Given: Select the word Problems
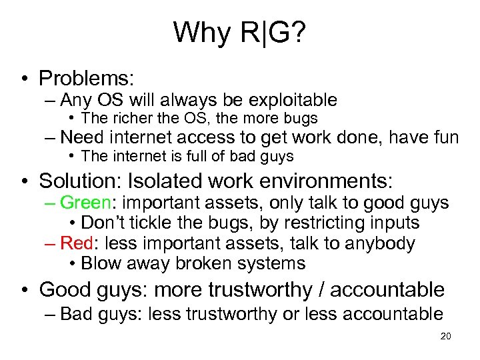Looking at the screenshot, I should click(87, 78).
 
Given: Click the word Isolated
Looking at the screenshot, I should click(171, 180).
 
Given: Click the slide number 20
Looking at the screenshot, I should click(446, 336).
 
